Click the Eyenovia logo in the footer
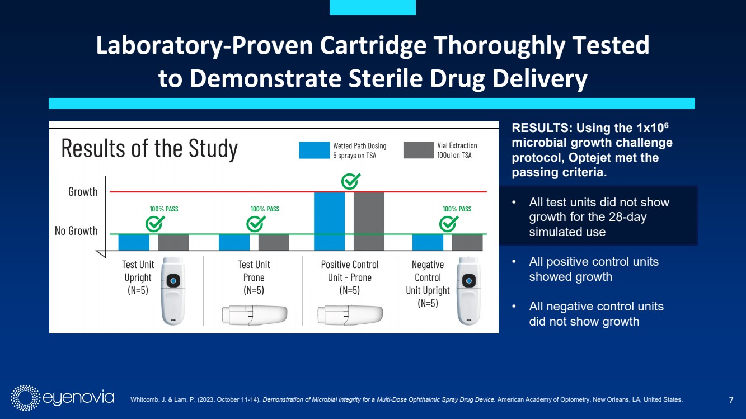click(x=62, y=398)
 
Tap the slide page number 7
click(x=731, y=399)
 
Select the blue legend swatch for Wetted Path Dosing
click(x=314, y=150)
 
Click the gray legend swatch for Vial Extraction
click(x=419, y=150)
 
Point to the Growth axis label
click(x=83, y=192)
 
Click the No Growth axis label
click(x=76, y=230)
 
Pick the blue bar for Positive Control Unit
click(x=330, y=221)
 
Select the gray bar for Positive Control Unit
click(x=369, y=221)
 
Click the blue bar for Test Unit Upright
click(x=134, y=242)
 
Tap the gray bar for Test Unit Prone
click(x=274, y=242)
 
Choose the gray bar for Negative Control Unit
click(x=467, y=242)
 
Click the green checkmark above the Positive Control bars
click(x=351, y=181)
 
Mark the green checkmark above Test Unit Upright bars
click(x=154, y=224)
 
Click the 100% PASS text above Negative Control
click(x=457, y=209)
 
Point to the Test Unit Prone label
click(x=254, y=277)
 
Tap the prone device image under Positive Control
click(x=350, y=315)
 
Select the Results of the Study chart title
click(x=149, y=149)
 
